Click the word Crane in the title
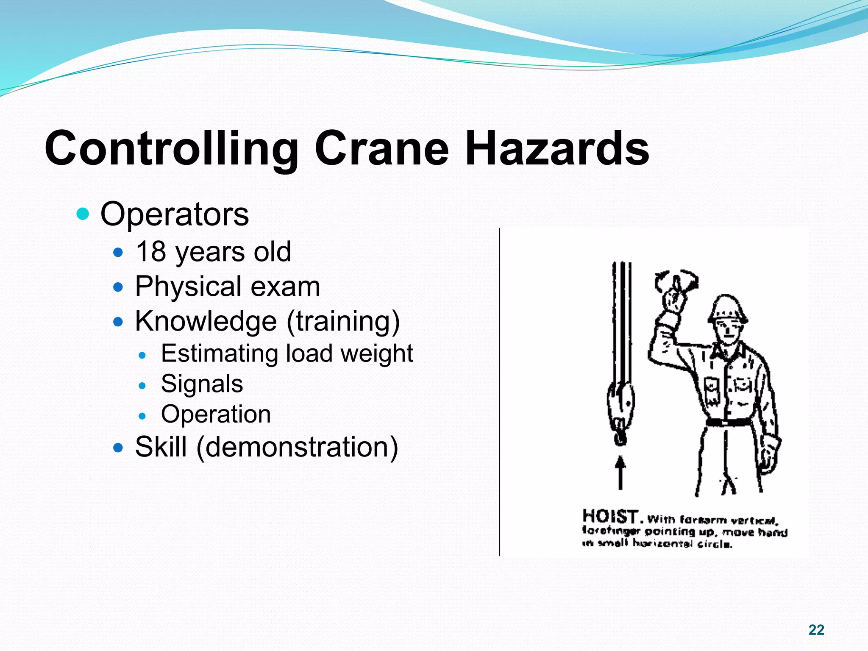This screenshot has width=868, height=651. click(381, 148)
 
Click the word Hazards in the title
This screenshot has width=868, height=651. click(557, 148)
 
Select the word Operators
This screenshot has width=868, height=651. click(174, 214)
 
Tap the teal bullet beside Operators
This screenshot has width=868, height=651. click(83, 214)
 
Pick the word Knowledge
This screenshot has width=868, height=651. click(206, 321)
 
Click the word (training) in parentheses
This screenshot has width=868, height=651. click(343, 321)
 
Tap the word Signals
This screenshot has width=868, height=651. click(202, 384)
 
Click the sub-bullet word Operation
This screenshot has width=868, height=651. click(216, 414)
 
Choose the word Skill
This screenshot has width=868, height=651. click(161, 447)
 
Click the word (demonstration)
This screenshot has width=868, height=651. click(297, 448)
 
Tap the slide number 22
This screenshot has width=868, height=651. click(816, 630)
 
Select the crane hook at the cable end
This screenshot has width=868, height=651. click(620, 428)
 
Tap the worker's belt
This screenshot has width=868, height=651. click(728, 422)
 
